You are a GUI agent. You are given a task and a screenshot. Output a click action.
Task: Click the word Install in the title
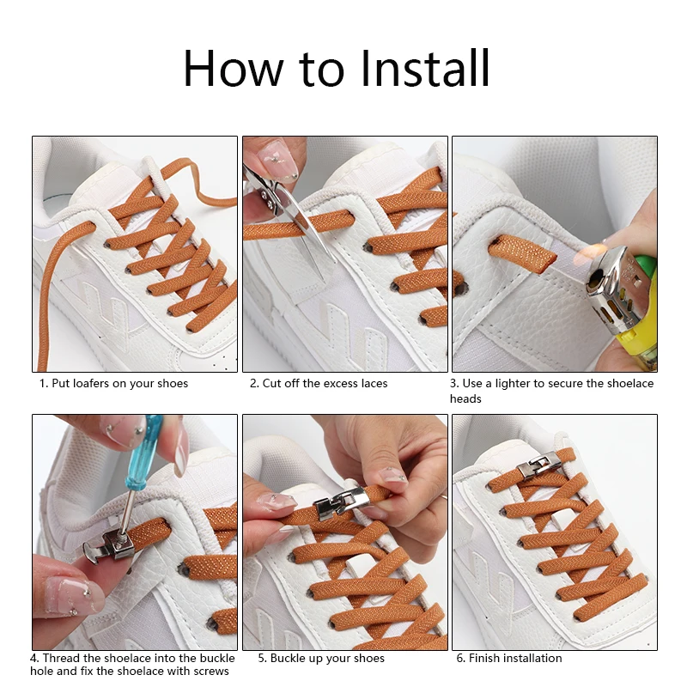pos(424,69)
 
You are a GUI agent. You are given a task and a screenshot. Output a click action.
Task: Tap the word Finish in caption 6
pos(484,658)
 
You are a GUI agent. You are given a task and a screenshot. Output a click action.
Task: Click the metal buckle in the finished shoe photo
pos(539,465)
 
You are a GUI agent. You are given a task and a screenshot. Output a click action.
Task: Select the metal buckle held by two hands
pos(339,502)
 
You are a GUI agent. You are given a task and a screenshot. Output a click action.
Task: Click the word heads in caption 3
pos(465,399)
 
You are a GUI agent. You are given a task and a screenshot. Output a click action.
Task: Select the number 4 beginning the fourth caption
pos(33,658)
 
